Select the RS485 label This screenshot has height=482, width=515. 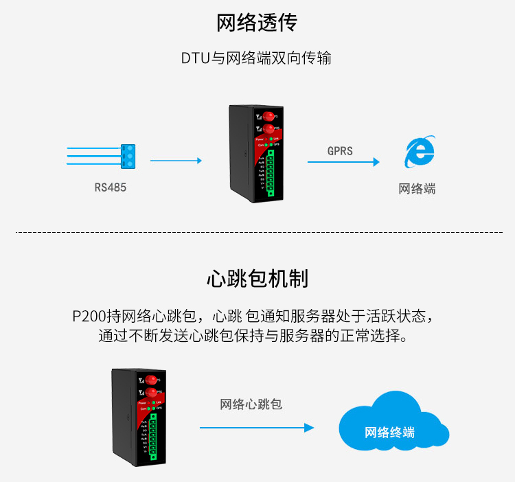111,187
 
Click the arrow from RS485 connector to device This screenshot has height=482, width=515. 176,161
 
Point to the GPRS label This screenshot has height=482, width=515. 340,150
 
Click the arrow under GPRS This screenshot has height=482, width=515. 343,162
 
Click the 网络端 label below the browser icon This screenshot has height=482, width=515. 417,188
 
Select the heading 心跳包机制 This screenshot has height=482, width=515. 257,279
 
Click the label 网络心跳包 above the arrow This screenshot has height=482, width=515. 251,404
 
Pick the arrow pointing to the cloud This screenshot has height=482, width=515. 256,428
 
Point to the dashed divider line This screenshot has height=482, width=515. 257,232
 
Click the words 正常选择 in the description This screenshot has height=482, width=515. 373,337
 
